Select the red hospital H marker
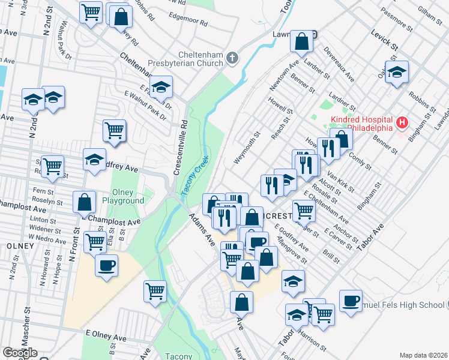click(x=402, y=124)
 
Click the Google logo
click(x=20, y=353)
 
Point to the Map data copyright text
click(x=424, y=355)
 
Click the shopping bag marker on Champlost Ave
click(x=85, y=202)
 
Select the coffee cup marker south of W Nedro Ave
click(x=106, y=265)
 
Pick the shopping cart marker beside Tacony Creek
click(x=155, y=291)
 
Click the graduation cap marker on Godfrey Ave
click(x=94, y=160)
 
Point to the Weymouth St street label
click(x=248, y=147)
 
